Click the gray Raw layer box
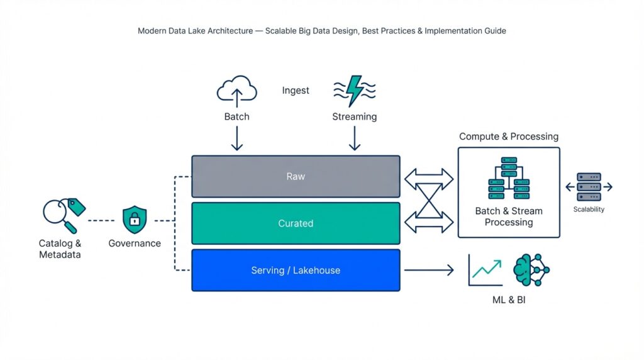point(296,177)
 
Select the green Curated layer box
point(296,223)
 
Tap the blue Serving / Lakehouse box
point(296,271)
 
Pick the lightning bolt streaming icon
point(355,91)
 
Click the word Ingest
point(296,91)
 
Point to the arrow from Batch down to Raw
point(237,138)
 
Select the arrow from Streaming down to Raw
point(355,138)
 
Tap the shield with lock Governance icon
point(134,219)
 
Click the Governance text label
point(134,244)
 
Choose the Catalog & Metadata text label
point(60,249)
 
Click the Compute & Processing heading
point(508,137)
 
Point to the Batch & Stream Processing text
point(509,217)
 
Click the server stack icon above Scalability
point(589,187)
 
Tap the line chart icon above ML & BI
point(486,270)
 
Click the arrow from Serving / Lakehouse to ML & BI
point(428,271)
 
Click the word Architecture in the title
point(230,31)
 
